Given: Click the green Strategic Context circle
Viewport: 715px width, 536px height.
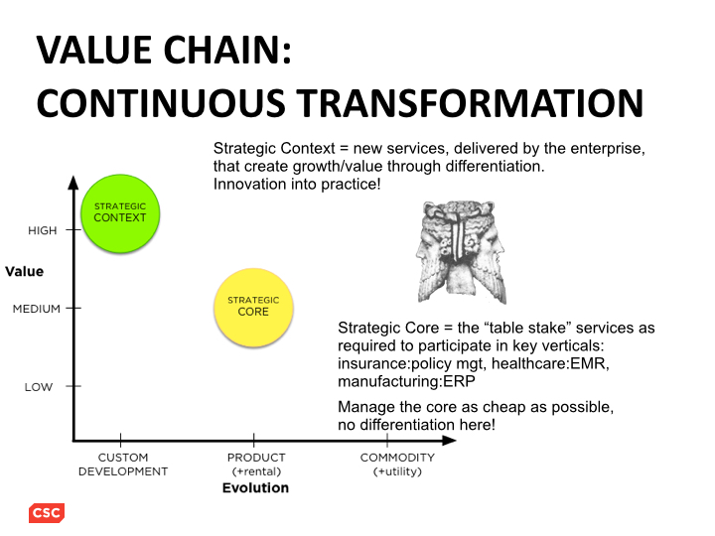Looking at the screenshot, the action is pyautogui.click(x=120, y=213).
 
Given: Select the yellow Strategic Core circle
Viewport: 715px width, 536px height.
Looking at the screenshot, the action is pyautogui.click(x=253, y=307).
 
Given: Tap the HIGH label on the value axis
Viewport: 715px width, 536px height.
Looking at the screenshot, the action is pyautogui.click(x=43, y=230).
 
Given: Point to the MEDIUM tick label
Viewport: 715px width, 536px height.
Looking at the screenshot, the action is pyautogui.click(x=37, y=309).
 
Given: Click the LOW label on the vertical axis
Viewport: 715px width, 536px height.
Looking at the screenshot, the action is pyautogui.click(x=39, y=387).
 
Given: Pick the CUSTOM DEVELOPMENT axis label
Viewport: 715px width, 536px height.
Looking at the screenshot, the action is pyautogui.click(x=123, y=465).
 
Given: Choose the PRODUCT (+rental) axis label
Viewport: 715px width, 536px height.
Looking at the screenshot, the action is pyautogui.click(x=256, y=465).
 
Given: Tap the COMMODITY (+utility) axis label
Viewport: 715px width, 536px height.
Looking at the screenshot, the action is pyautogui.click(x=397, y=465).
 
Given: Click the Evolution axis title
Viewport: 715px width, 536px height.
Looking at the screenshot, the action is pyautogui.click(x=255, y=488).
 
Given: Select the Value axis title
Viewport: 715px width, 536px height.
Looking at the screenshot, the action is pyautogui.click(x=25, y=272).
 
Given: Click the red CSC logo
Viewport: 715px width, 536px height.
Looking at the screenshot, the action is pyautogui.click(x=47, y=513).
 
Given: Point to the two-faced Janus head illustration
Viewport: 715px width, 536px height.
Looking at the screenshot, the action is pyautogui.click(x=461, y=252).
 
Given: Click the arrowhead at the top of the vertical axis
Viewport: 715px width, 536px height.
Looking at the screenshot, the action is pyautogui.click(x=73, y=183).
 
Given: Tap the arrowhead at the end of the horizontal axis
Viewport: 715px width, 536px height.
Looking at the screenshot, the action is pyautogui.click(x=449, y=441).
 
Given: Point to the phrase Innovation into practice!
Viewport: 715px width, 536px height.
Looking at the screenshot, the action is pyautogui.click(x=297, y=185).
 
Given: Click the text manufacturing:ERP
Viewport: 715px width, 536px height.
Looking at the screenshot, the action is pyautogui.click(x=406, y=381).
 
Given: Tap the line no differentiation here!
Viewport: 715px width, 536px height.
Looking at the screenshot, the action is pyautogui.click(x=416, y=425).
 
